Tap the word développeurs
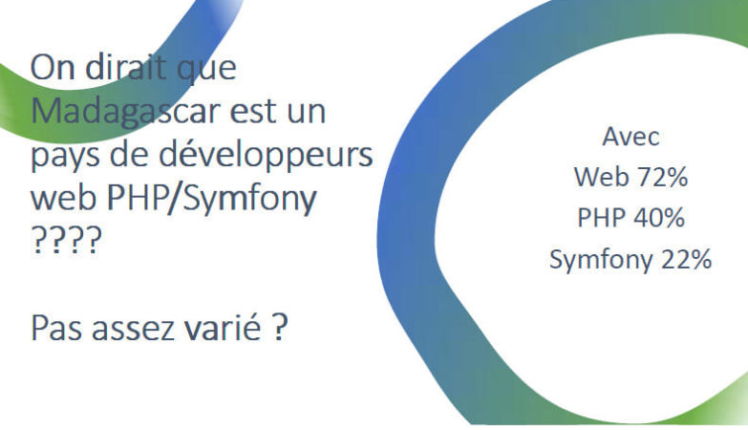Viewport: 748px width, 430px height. [266, 155]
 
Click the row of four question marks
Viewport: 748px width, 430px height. [66, 240]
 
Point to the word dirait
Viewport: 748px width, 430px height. [126, 67]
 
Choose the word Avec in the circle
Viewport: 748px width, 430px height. [630, 137]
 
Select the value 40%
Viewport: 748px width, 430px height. [659, 218]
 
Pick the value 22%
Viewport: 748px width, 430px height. [686, 260]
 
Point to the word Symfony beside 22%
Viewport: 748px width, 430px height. [601, 261]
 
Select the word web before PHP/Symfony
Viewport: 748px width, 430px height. [64, 198]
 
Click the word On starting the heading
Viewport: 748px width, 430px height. [53, 67]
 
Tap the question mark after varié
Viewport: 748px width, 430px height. [281, 327]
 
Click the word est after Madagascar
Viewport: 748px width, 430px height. [253, 113]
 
